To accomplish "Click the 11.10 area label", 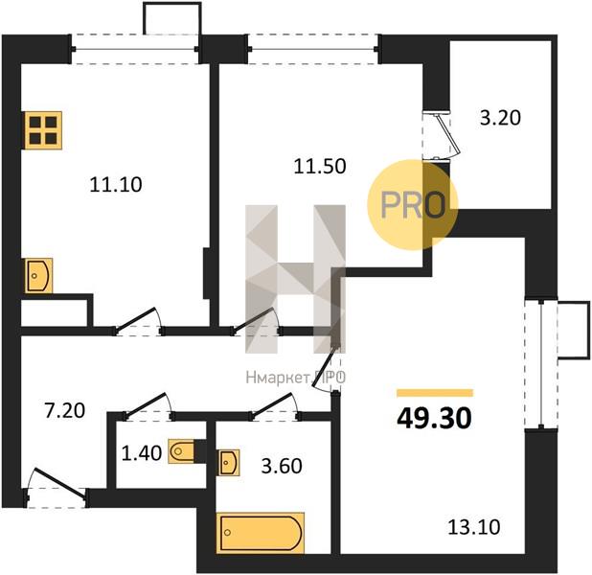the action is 116,185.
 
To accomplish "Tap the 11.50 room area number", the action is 320,166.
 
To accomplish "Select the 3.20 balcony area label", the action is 500,118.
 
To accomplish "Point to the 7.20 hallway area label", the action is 64,411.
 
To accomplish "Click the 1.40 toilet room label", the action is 142,453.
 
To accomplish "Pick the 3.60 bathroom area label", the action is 282,466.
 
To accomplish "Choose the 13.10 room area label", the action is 474,527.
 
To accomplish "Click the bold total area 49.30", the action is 434,419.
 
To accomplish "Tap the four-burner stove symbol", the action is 43,130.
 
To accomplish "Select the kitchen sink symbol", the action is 38,275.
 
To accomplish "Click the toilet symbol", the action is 181,451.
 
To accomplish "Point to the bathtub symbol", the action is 261,533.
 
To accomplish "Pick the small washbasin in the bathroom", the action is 229,463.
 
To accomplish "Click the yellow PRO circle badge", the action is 413,205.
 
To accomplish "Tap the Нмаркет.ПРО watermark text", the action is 296,378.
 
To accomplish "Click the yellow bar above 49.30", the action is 435,393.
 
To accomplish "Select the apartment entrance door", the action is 57,489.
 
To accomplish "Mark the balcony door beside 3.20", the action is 442,136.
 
